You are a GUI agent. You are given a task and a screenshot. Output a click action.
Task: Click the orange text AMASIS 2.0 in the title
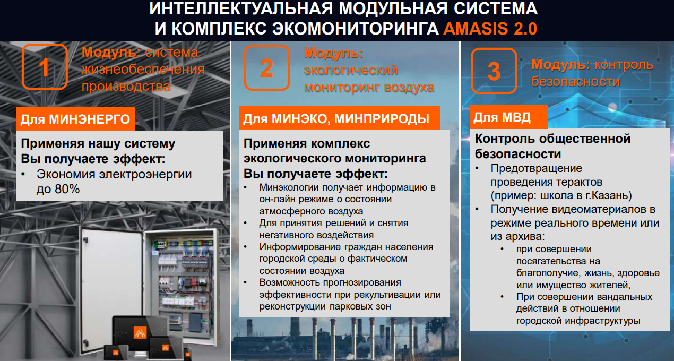490,29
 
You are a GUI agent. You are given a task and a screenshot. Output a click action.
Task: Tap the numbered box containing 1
45,67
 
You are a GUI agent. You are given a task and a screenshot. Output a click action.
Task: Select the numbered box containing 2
267,68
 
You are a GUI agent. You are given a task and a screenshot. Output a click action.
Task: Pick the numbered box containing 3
494,71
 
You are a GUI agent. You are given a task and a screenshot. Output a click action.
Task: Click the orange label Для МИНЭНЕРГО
76,119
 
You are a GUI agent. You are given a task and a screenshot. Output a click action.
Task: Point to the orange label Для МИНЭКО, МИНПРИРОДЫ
340,118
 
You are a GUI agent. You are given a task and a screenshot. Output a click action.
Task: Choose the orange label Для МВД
508,117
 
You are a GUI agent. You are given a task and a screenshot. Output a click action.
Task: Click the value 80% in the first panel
67,189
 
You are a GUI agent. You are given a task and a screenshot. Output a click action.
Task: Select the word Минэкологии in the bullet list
289,187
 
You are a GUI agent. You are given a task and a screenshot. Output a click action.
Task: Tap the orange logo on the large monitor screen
140,332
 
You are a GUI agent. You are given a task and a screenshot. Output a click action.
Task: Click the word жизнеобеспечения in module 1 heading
143,70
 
